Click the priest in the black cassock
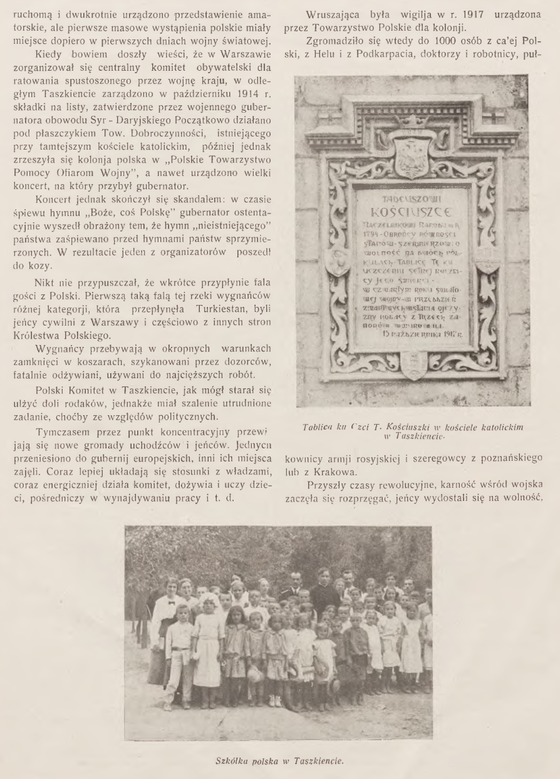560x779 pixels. [x=323, y=591]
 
